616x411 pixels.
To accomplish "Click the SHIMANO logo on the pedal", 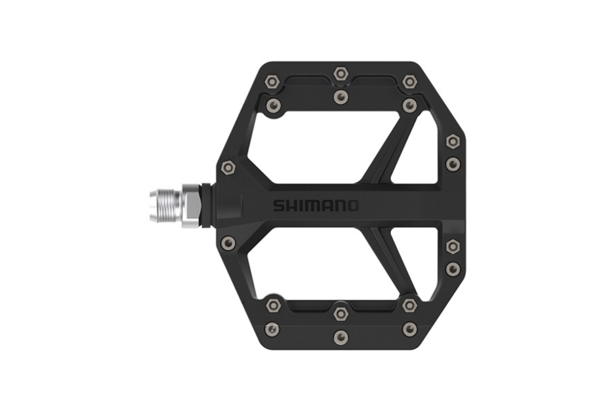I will click(316, 206).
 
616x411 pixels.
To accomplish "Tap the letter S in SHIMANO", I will click(278, 206).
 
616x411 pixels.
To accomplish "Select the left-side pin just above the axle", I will click(227, 167).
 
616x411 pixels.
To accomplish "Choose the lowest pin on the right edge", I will click(452, 268).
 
